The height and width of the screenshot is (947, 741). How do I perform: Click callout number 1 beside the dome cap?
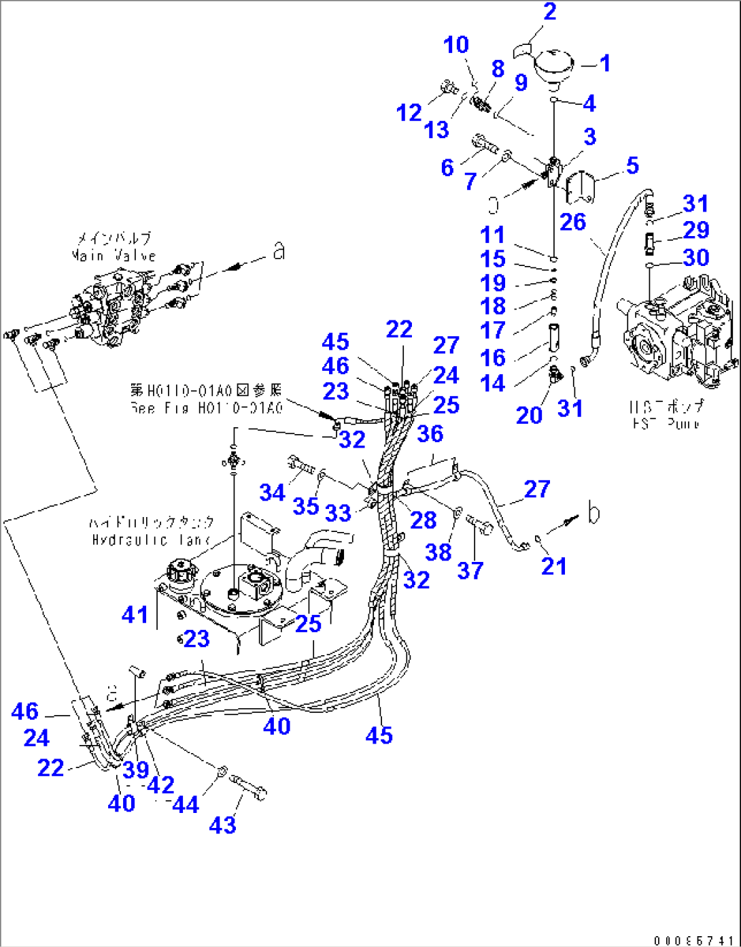[x=604, y=63]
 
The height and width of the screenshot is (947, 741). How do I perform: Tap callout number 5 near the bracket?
[x=632, y=165]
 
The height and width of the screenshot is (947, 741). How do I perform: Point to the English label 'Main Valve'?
[x=114, y=256]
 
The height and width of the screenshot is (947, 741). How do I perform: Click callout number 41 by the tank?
[x=135, y=614]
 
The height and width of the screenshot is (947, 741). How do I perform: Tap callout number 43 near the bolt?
[x=222, y=825]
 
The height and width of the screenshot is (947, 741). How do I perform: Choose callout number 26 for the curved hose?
[x=572, y=222]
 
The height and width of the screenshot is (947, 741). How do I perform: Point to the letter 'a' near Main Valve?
[x=278, y=252]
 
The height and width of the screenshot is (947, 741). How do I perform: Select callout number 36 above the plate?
[x=430, y=433]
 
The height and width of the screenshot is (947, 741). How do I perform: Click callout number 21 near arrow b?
[x=553, y=565]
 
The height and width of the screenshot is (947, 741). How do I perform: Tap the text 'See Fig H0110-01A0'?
[x=205, y=408]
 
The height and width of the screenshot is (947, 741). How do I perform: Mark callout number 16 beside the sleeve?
[x=493, y=357]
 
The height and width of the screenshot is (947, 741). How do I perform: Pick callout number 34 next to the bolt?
[x=273, y=492]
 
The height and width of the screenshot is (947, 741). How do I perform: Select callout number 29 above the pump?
[x=695, y=230]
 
